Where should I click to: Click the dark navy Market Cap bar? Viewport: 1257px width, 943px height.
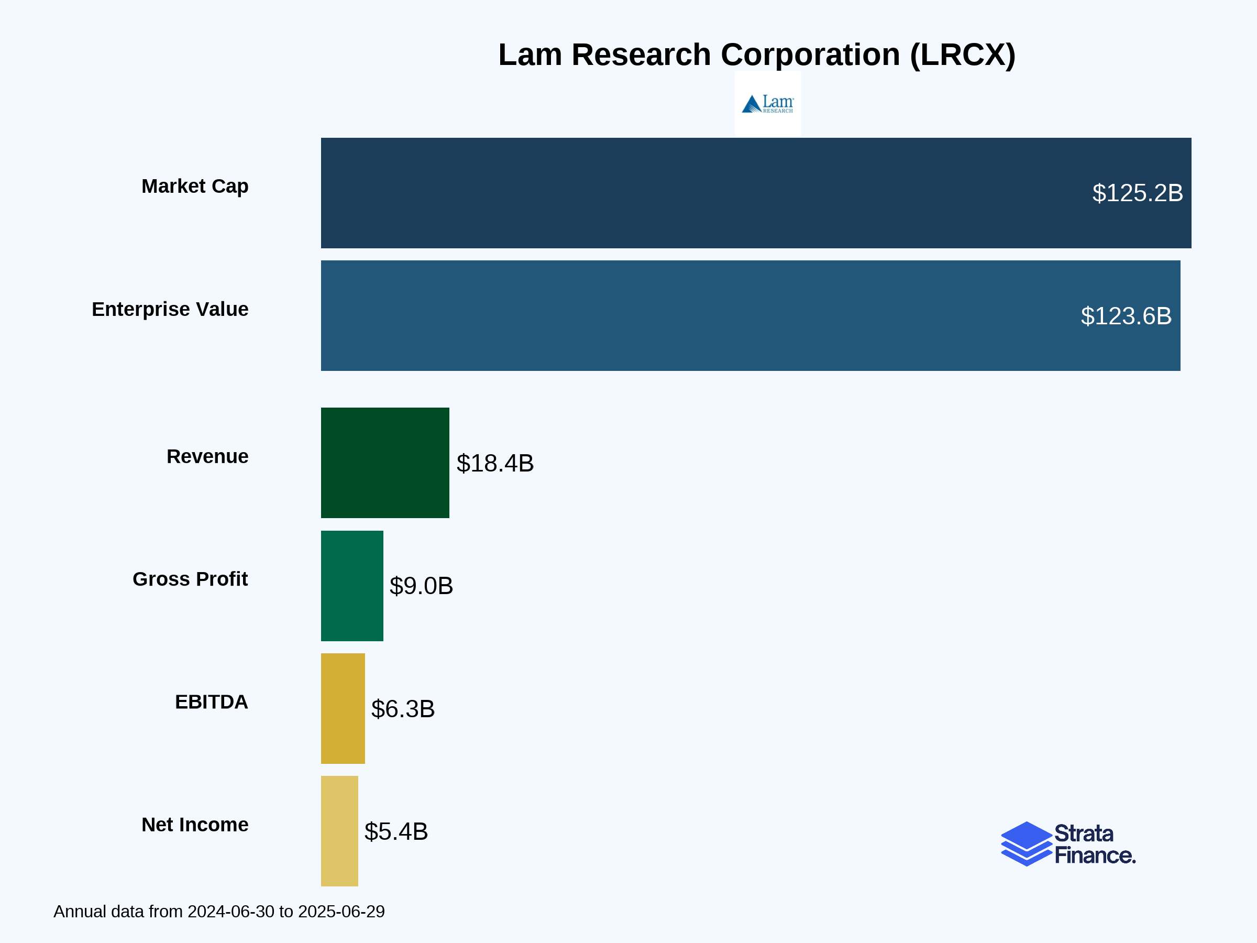(x=699, y=193)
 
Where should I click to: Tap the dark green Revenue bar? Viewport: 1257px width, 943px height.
(x=385, y=463)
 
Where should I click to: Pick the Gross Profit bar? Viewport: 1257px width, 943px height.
(x=352, y=586)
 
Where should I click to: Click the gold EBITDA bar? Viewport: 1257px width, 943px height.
(x=343, y=708)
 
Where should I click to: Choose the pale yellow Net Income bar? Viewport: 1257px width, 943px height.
(x=339, y=831)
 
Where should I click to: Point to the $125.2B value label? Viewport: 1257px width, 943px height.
(x=1137, y=193)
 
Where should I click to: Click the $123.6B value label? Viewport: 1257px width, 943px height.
(x=1126, y=316)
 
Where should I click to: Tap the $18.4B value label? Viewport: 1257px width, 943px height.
(x=495, y=463)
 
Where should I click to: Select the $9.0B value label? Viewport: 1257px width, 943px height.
(x=421, y=586)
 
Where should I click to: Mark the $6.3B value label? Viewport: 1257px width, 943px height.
(x=403, y=709)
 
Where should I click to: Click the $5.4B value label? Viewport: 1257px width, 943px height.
(x=396, y=831)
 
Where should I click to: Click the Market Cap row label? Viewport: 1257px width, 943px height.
(x=195, y=187)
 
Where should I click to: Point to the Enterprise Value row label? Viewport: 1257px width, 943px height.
(x=170, y=309)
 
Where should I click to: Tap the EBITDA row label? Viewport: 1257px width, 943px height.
(x=212, y=702)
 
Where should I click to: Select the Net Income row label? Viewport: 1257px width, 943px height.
(x=195, y=825)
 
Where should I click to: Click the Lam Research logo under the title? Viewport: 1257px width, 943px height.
(x=768, y=103)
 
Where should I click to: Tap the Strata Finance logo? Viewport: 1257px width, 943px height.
(x=1068, y=844)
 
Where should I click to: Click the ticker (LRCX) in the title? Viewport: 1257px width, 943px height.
(x=962, y=55)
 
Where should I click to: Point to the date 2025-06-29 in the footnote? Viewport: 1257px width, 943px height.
(x=341, y=912)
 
